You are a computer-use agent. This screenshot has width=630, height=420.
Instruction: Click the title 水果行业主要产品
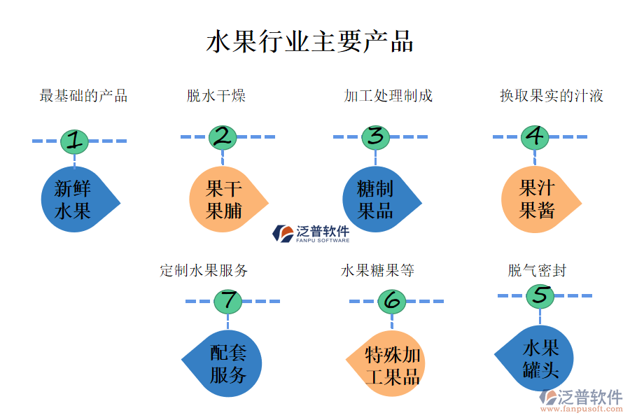tap(309, 41)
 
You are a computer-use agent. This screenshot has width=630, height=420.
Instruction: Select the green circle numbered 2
tap(223, 137)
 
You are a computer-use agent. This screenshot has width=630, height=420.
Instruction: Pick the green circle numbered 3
tap(375, 137)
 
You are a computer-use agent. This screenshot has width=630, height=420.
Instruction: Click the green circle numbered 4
tap(534, 137)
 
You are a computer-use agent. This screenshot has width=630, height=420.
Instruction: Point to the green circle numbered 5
tap(540, 296)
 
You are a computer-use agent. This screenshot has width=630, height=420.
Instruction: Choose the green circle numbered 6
tap(392, 301)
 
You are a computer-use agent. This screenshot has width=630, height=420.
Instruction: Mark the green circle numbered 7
tap(227, 301)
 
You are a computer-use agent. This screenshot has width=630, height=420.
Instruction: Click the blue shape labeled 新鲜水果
tap(75, 201)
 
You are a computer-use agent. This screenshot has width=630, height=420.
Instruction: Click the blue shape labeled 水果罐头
tap(538, 358)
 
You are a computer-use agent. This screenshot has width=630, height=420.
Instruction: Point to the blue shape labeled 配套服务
tap(227, 363)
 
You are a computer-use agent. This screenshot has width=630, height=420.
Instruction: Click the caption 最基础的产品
tap(83, 96)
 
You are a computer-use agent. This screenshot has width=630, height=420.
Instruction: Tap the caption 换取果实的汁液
tap(551, 96)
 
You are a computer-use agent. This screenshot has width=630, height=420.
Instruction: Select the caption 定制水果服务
tap(204, 270)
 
